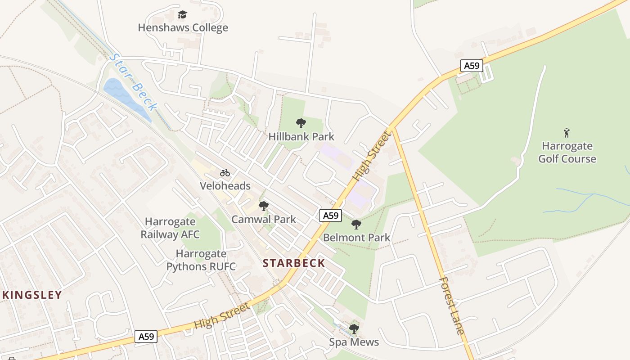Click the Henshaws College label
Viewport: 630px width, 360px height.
(x=183, y=28)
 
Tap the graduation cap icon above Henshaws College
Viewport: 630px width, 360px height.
(x=182, y=15)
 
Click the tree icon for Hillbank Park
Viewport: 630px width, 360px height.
(x=301, y=123)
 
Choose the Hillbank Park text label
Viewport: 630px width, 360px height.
(x=301, y=136)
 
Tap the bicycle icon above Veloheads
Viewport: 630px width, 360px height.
(x=225, y=173)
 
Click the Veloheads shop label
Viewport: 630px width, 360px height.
(x=225, y=186)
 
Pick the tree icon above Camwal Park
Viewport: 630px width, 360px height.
(x=264, y=206)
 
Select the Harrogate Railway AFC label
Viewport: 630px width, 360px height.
(x=170, y=228)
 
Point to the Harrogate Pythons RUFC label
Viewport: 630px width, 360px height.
(x=201, y=260)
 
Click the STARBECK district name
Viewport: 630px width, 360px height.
(x=294, y=263)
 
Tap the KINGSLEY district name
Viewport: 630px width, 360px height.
(x=32, y=295)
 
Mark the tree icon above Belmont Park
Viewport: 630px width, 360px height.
(x=356, y=224)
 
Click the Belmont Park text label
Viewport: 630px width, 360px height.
(x=356, y=238)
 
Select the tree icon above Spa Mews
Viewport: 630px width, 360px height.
(x=354, y=329)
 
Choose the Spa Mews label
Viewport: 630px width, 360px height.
(x=354, y=342)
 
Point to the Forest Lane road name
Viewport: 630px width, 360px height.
(x=451, y=306)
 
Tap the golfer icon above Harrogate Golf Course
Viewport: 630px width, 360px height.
(x=567, y=133)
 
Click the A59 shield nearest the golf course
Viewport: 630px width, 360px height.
(x=472, y=66)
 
